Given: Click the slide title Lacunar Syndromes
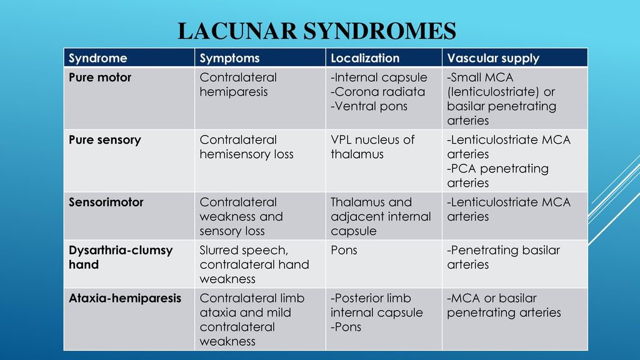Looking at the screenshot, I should coord(317,31).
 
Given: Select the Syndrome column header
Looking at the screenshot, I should coord(97,58).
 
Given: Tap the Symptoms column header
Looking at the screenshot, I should coord(229,58).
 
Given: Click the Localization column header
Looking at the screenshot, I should coord(365,58).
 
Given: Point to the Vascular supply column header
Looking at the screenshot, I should coord(493,58).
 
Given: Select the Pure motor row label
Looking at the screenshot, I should coord(100,77).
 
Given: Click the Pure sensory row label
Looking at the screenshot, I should coord(104,140).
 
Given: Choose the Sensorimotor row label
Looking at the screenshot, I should coord(106,202).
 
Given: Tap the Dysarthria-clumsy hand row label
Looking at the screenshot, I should coord(120,257).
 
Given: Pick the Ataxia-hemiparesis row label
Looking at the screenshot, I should coord(125,298).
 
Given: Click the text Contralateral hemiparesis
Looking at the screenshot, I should coord(238,84).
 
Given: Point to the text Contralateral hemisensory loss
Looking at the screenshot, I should coord(246,147).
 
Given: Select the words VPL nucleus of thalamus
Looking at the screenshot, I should coord(372,147).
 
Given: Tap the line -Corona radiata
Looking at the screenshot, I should coord(377,92).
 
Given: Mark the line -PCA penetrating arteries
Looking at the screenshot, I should coord(497,176).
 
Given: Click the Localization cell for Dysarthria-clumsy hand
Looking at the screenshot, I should coord(344,250).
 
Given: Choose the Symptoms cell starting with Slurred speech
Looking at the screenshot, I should coord(254,264).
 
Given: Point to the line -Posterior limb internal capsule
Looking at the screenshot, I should coord(376,305).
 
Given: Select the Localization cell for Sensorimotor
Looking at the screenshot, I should coord(381,216).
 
